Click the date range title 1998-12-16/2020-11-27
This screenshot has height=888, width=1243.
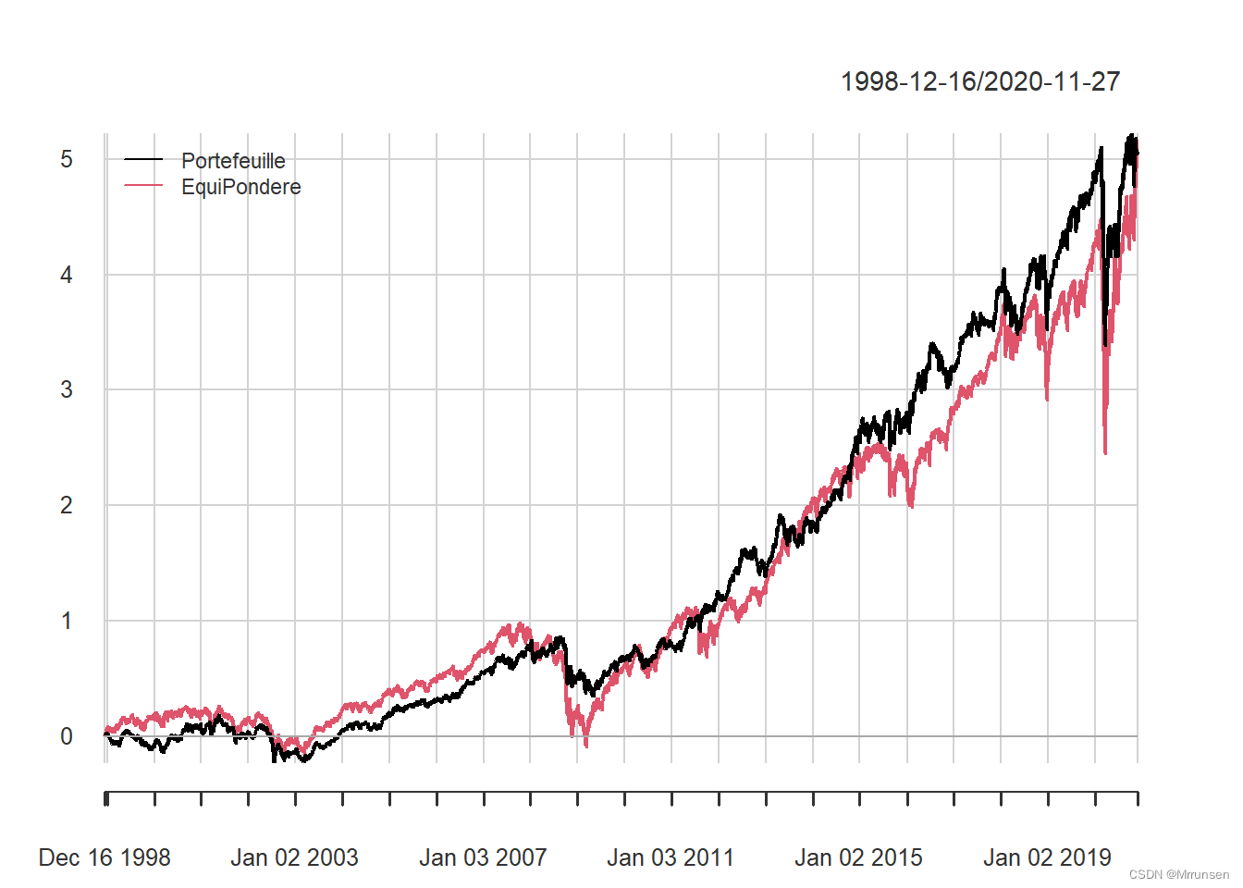(979, 81)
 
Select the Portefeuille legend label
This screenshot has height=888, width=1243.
(233, 161)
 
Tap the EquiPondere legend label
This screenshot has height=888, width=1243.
(240, 187)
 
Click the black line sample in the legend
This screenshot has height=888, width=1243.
(143, 160)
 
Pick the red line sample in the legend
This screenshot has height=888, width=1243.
(143, 187)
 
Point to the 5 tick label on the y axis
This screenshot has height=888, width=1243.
(67, 159)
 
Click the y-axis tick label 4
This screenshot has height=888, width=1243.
(67, 275)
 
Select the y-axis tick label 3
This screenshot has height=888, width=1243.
(67, 389)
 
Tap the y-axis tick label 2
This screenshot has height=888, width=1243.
(67, 505)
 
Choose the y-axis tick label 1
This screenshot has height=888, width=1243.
(67, 621)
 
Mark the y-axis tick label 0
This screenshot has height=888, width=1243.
(67, 736)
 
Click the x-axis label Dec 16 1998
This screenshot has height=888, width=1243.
(105, 857)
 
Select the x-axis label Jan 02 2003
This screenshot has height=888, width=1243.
(294, 857)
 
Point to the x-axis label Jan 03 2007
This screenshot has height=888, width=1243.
(483, 857)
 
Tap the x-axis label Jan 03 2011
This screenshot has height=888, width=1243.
(671, 857)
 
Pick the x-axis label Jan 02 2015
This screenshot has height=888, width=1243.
(858, 857)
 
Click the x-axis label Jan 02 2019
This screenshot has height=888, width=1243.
(1047, 857)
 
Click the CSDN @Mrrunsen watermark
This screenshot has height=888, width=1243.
(1179, 874)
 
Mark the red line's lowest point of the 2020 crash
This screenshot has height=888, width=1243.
(1105, 453)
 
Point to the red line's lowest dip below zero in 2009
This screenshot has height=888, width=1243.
(586, 746)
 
